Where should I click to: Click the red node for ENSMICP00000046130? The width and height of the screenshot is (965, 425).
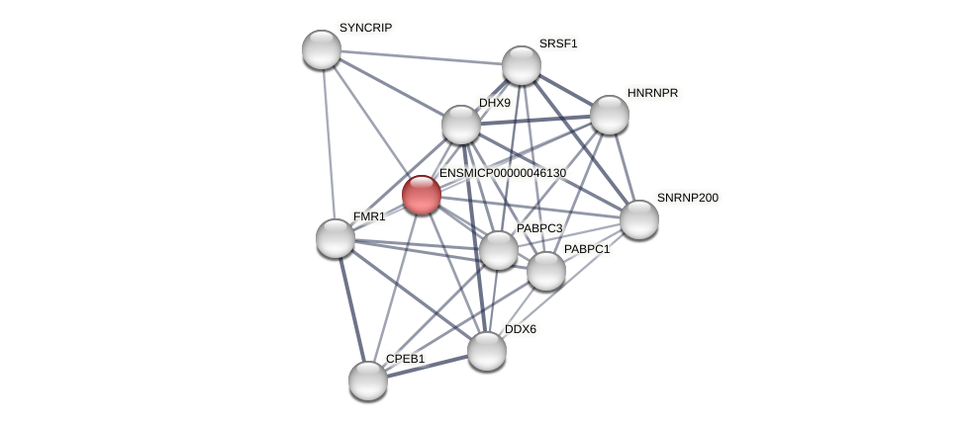pyautogui.click(x=421, y=195)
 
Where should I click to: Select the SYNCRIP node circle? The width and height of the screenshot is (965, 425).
pyautogui.click(x=322, y=49)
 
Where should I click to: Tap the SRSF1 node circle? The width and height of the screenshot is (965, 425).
pyautogui.click(x=522, y=65)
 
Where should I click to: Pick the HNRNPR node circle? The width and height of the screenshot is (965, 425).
pyautogui.click(x=610, y=115)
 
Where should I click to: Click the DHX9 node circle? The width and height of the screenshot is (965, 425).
pyautogui.click(x=461, y=125)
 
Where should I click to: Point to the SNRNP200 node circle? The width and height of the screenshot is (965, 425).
pyautogui.click(x=639, y=219)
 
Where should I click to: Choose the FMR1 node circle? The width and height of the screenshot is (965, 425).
pyautogui.click(x=336, y=238)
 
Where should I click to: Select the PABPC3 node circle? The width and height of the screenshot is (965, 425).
pyautogui.click(x=499, y=250)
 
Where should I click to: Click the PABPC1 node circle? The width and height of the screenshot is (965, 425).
pyautogui.click(x=546, y=271)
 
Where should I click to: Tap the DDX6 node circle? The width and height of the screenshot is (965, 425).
pyautogui.click(x=487, y=351)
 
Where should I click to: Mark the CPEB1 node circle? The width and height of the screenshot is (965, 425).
pyautogui.click(x=368, y=381)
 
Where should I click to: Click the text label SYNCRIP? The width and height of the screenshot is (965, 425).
pyautogui.click(x=365, y=28)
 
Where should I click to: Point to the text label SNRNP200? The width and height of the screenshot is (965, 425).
pyautogui.click(x=687, y=198)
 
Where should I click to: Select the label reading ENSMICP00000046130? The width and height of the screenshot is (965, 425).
pyautogui.click(x=502, y=173)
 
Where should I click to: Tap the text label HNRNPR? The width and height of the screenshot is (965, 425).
pyautogui.click(x=652, y=93)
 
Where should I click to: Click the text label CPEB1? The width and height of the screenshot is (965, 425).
pyautogui.click(x=405, y=359)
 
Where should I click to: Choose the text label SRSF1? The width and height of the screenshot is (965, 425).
pyautogui.click(x=557, y=43)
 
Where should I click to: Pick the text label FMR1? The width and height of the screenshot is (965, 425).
pyautogui.click(x=369, y=216)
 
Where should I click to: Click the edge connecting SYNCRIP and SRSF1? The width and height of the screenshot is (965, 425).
pyautogui.click(x=422, y=57)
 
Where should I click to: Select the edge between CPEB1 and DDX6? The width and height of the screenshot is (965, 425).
pyautogui.click(x=428, y=366)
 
